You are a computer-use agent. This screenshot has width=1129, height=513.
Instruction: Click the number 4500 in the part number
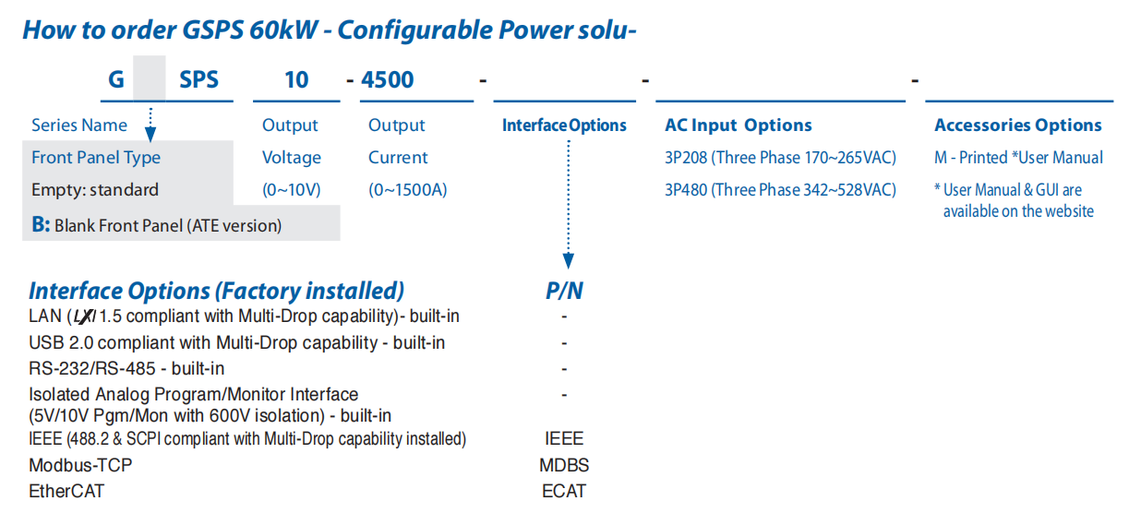387,79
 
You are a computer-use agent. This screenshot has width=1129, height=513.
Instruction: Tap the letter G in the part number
116,79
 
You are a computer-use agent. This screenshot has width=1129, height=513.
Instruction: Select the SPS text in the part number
199,79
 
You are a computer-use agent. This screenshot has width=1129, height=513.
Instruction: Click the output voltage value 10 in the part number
296,79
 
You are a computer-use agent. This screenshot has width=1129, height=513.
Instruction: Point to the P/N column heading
564,291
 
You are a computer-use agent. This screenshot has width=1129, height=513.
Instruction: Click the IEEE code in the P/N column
564,438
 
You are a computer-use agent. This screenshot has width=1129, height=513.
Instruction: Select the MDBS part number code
564,465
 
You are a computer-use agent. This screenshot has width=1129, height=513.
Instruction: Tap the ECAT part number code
564,492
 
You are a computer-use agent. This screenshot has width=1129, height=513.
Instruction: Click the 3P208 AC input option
780,158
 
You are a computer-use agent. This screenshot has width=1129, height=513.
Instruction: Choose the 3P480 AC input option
780,190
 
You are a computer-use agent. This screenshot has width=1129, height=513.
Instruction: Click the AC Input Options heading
739,125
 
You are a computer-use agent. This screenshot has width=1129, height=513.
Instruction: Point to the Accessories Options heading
1018,125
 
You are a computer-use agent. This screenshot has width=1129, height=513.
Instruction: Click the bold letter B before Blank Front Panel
41,225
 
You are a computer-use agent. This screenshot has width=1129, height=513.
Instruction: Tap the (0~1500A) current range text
408,190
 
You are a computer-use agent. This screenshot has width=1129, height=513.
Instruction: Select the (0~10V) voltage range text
292,190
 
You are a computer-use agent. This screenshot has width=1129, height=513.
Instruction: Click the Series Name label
79,125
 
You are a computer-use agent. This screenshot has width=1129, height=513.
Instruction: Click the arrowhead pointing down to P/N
569,261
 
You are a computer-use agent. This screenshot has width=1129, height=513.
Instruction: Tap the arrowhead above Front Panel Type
150,134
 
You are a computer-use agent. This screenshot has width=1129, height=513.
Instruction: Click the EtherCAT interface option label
66,492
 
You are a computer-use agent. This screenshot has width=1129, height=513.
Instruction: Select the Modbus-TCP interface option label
80,465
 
